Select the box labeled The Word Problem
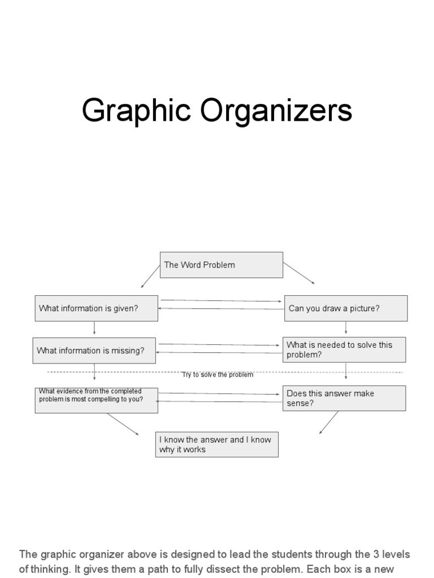tap(222, 265)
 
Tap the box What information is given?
tap(96, 308)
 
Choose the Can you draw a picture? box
tap(345, 308)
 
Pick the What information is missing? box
tap(94, 351)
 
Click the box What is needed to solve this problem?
tap(344, 349)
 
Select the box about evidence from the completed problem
tap(96, 399)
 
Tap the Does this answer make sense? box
tap(344, 398)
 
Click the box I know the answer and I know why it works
tap(216, 444)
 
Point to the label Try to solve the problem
tap(218, 375)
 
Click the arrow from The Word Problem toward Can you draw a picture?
tap(299, 273)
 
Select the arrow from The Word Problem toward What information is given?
tap(150, 277)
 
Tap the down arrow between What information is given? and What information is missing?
tap(94, 329)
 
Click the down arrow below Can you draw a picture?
tap(346, 329)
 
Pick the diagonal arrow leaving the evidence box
tap(123, 424)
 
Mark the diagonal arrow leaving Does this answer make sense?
tap(329, 422)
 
